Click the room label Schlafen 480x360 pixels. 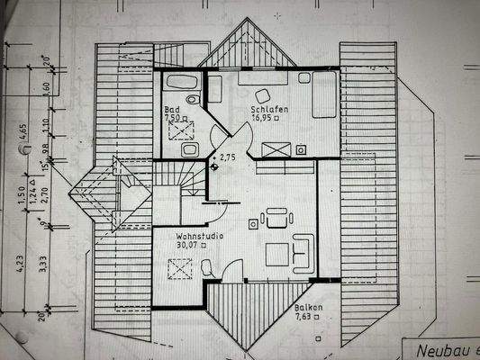tap(270, 109)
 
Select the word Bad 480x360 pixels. tap(170, 109)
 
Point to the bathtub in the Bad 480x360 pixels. tap(182, 83)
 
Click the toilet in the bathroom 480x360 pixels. tap(187, 149)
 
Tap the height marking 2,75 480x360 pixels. tap(229, 157)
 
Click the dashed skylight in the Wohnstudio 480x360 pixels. tap(181, 268)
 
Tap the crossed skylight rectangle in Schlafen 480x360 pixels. tap(276, 149)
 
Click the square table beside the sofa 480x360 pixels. tap(276, 256)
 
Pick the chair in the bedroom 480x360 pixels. tap(263, 95)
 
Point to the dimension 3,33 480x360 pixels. tap(42, 263)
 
